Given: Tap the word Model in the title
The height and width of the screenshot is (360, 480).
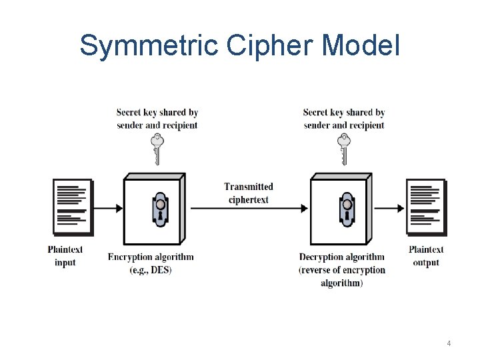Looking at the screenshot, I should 361,45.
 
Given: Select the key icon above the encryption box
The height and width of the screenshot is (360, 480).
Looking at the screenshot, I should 157,149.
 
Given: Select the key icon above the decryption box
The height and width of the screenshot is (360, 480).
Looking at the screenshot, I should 344,149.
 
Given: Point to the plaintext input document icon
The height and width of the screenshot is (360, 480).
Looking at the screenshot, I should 72,207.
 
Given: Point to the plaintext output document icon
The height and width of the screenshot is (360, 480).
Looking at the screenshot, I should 425,207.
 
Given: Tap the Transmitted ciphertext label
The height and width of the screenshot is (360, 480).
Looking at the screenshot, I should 248,193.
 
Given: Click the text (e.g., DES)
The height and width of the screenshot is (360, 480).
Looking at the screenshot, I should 151,270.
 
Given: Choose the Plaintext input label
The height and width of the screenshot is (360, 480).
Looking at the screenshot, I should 65,256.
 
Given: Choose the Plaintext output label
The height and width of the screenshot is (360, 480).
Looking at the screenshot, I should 426,256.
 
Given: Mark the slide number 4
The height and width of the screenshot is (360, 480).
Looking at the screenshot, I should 449,343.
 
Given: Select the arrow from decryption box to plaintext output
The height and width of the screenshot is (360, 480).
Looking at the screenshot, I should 389,208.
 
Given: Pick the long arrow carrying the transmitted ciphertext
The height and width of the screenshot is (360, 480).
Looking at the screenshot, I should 248,208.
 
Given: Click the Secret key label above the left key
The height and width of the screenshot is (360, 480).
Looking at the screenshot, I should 157,119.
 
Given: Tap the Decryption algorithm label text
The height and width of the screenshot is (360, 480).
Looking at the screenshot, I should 342,257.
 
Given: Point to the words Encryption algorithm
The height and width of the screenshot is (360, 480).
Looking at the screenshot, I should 151,257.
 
